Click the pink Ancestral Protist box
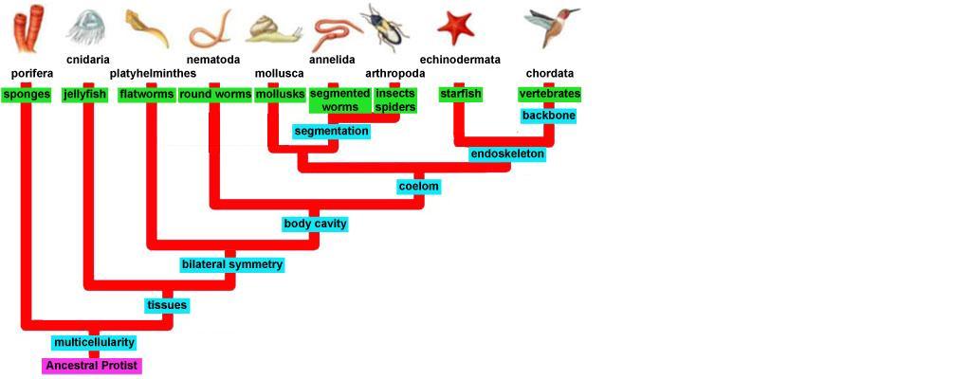click(x=92, y=365)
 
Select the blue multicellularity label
click(x=94, y=342)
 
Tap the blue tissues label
click(x=167, y=305)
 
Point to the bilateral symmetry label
click(x=232, y=264)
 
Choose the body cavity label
click(x=315, y=224)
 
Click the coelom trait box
click(x=418, y=187)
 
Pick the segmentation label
click(x=331, y=131)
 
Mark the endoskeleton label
click(x=507, y=153)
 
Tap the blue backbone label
click(x=549, y=116)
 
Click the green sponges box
click(x=27, y=94)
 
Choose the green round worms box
click(x=215, y=94)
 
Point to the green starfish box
click(x=461, y=94)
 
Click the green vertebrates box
click(x=550, y=94)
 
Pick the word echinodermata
click(x=460, y=60)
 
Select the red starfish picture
click(x=456, y=26)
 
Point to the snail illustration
click(x=274, y=28)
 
